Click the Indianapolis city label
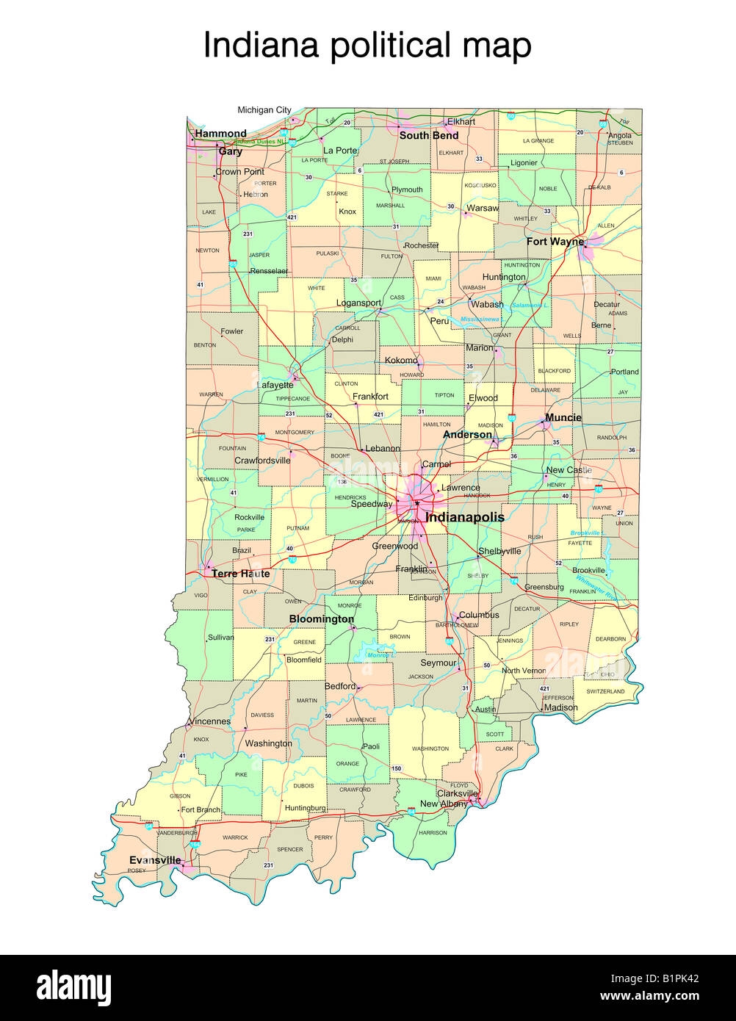(465, 517)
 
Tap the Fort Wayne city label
(555, 241)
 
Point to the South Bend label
(429, 135)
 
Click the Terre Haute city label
(240, 574)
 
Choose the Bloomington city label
(321, 619)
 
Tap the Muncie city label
(563, 417)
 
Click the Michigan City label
(264, 110)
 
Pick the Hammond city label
(220, 134)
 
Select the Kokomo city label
(401, 361)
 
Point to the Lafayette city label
(275, 384)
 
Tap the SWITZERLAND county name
(605, 691)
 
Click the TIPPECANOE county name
(292, 399)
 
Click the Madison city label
(561, 707)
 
